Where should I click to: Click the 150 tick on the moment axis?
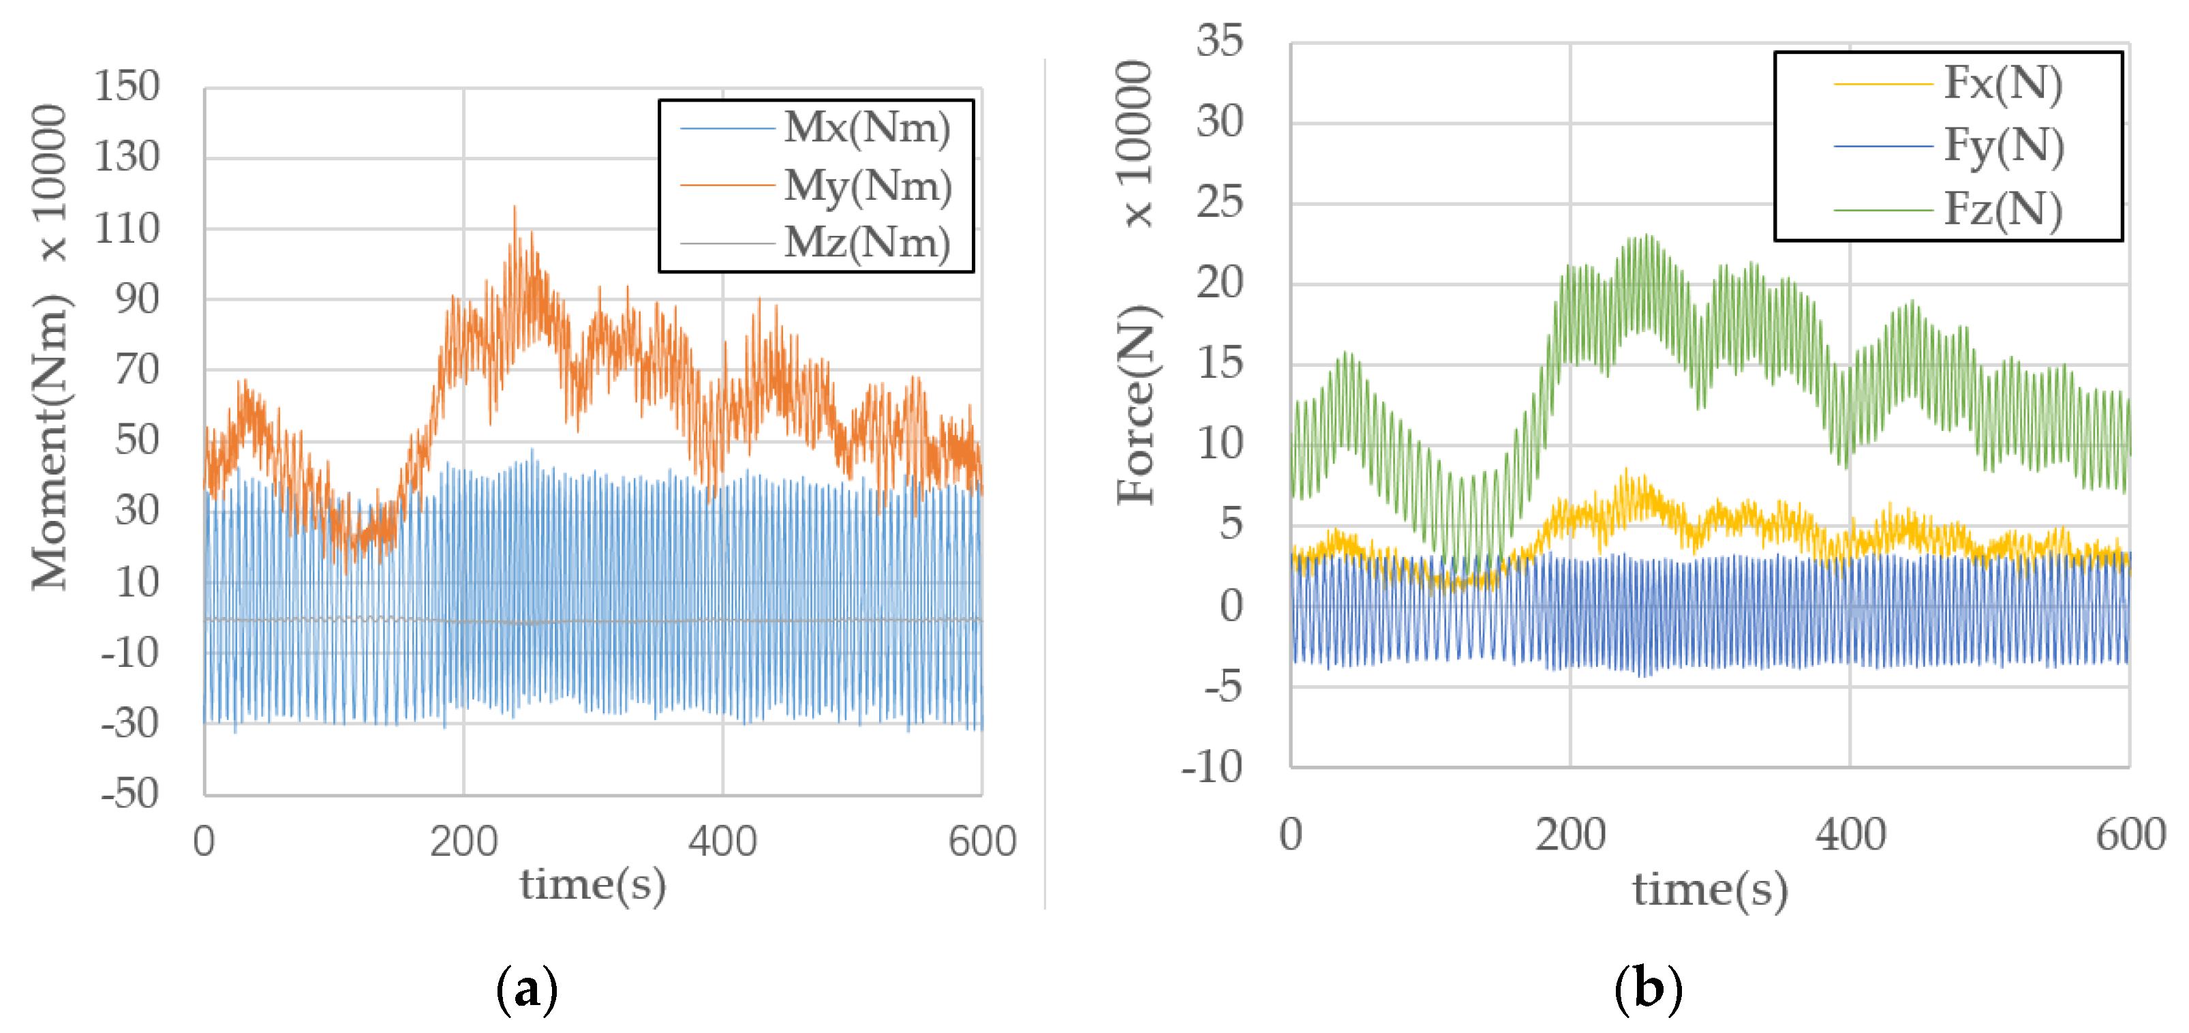(127, 86)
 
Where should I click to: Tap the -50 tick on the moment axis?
(130, 793)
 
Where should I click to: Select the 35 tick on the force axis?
(1219, 41)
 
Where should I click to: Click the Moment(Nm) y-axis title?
(49, 442)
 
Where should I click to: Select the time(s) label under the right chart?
(1710, 889)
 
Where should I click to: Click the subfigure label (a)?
(527, 989)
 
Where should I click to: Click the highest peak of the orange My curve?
(514, 207)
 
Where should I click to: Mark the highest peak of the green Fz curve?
(1647, 235)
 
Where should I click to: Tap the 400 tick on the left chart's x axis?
(722, 841)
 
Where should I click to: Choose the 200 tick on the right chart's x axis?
(1570, 835)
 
